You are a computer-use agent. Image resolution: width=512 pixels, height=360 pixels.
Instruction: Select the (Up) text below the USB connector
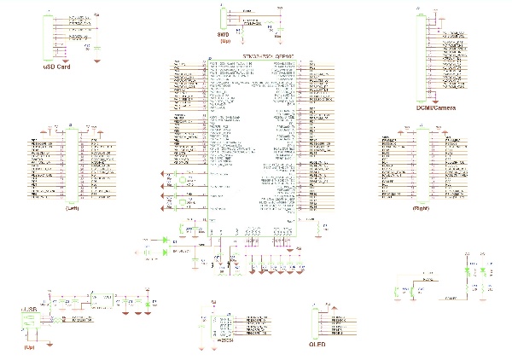29,348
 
